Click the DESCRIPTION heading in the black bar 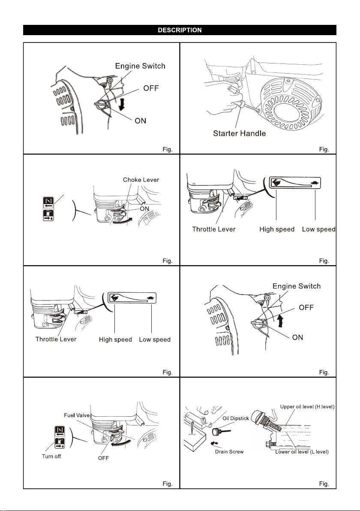tap(180, 30)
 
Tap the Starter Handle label tap(240, 133)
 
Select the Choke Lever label tap(141, 180)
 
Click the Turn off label tap(51, 456)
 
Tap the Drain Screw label tap(229, 452)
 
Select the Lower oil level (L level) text tap(305, 452)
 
